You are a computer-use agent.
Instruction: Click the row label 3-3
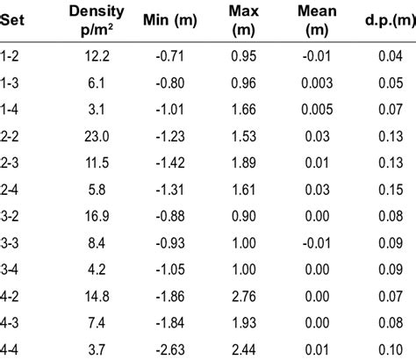click(x=11, y=242)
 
